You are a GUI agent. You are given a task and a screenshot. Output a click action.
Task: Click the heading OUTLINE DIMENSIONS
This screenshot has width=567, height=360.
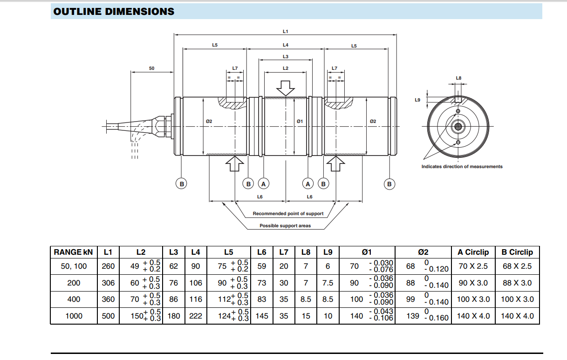(x=114, y=12)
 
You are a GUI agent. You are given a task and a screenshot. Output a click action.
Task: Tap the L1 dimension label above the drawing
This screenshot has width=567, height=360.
(x=286, y=31)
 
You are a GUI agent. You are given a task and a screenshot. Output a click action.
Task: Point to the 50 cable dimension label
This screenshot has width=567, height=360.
(x=151, y=68)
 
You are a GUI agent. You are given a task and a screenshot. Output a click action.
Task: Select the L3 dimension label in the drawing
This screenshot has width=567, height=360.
(x=286, y=56)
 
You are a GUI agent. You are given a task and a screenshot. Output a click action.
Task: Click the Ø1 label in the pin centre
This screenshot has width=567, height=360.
(x=300, y=121)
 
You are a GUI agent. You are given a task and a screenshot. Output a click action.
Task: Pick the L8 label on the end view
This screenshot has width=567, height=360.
(x=458, y=78)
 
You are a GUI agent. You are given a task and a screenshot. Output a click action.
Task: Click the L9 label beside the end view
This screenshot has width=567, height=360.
(x=417, y=100)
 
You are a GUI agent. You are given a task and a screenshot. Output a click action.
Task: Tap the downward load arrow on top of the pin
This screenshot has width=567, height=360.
(x=286, y=88)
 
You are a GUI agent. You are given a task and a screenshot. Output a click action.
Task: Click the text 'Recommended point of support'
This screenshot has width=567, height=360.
(x=288, y=214)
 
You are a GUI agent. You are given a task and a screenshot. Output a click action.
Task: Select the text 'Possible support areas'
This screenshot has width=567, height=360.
(x=285, y=226)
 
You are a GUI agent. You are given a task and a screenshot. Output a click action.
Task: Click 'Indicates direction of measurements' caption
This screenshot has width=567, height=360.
(x=462, y=167)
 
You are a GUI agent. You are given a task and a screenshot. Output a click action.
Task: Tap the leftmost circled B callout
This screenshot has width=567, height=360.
(x=182, y=184)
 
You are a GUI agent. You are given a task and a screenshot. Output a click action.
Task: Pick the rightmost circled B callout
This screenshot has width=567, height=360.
(x=389, y=184)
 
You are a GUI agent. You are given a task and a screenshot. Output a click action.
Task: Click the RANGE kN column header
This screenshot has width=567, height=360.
(x=74, y=252)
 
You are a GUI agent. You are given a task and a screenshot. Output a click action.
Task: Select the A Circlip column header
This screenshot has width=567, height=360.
(x=473, y=252)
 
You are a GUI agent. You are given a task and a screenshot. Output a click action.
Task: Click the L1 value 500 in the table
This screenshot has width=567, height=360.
(x=108, y=316)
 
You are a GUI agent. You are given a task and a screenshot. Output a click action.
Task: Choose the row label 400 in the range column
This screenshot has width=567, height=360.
(x=74, y=299)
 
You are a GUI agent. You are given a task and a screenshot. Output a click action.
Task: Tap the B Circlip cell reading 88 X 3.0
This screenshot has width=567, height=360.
(x=517, y=283)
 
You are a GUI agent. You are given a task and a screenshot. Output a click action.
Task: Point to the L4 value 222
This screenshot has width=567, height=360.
(x=196, y=316)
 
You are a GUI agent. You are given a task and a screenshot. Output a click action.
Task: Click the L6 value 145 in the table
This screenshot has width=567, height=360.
(x=262, y=316)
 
